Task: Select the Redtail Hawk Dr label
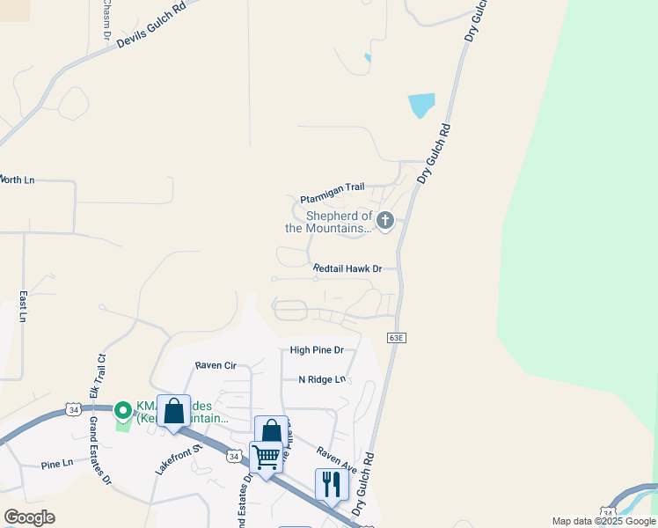click(347, 268)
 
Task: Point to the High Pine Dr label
click(317, 349)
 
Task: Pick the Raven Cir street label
click(216, 364)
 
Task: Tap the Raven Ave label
click(337, 458)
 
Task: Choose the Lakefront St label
click(179, 459)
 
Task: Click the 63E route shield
click(397, 337)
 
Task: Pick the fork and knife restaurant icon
click(332, 484)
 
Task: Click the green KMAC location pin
click(123, 410)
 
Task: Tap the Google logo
click(29, 517)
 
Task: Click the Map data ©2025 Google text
click(603, 521)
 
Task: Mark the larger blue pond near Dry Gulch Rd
click(421, 106)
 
